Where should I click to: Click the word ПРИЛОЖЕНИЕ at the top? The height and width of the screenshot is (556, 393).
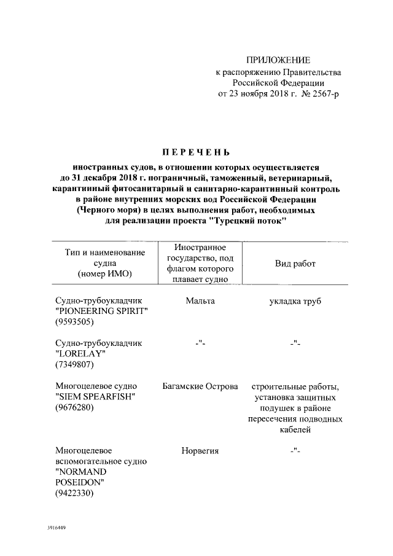click(x=278, y=60)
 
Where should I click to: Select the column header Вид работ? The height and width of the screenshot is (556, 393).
click(x=295, y=264)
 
